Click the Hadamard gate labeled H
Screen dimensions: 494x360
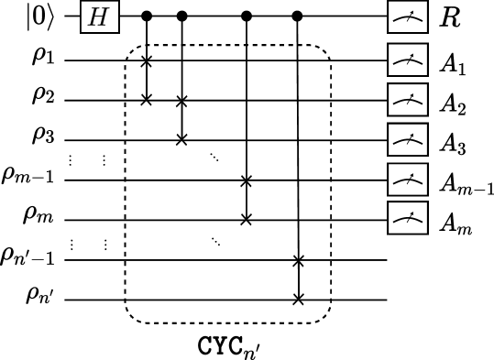99,16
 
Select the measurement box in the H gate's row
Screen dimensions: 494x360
407,16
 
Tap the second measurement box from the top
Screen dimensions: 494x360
407,60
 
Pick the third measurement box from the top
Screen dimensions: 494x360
407,99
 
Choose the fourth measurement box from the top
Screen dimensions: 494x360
407,139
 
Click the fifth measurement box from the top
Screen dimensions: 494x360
407,179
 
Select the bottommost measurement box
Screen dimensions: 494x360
407,218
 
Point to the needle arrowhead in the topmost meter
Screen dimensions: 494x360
412,11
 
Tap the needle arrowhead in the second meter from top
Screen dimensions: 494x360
412,54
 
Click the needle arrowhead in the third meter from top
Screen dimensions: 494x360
412,93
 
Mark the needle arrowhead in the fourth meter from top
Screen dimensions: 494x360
412,134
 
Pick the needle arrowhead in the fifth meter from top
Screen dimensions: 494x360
412,173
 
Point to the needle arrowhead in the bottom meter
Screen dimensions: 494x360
412,213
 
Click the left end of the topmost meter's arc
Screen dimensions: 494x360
394,20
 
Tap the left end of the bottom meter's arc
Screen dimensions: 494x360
394,222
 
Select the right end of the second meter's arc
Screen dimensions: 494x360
422,63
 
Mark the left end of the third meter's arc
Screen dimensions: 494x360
394,103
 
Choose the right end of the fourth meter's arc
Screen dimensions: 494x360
422,143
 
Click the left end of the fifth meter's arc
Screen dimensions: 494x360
394,182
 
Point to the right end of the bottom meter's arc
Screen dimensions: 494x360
422,222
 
